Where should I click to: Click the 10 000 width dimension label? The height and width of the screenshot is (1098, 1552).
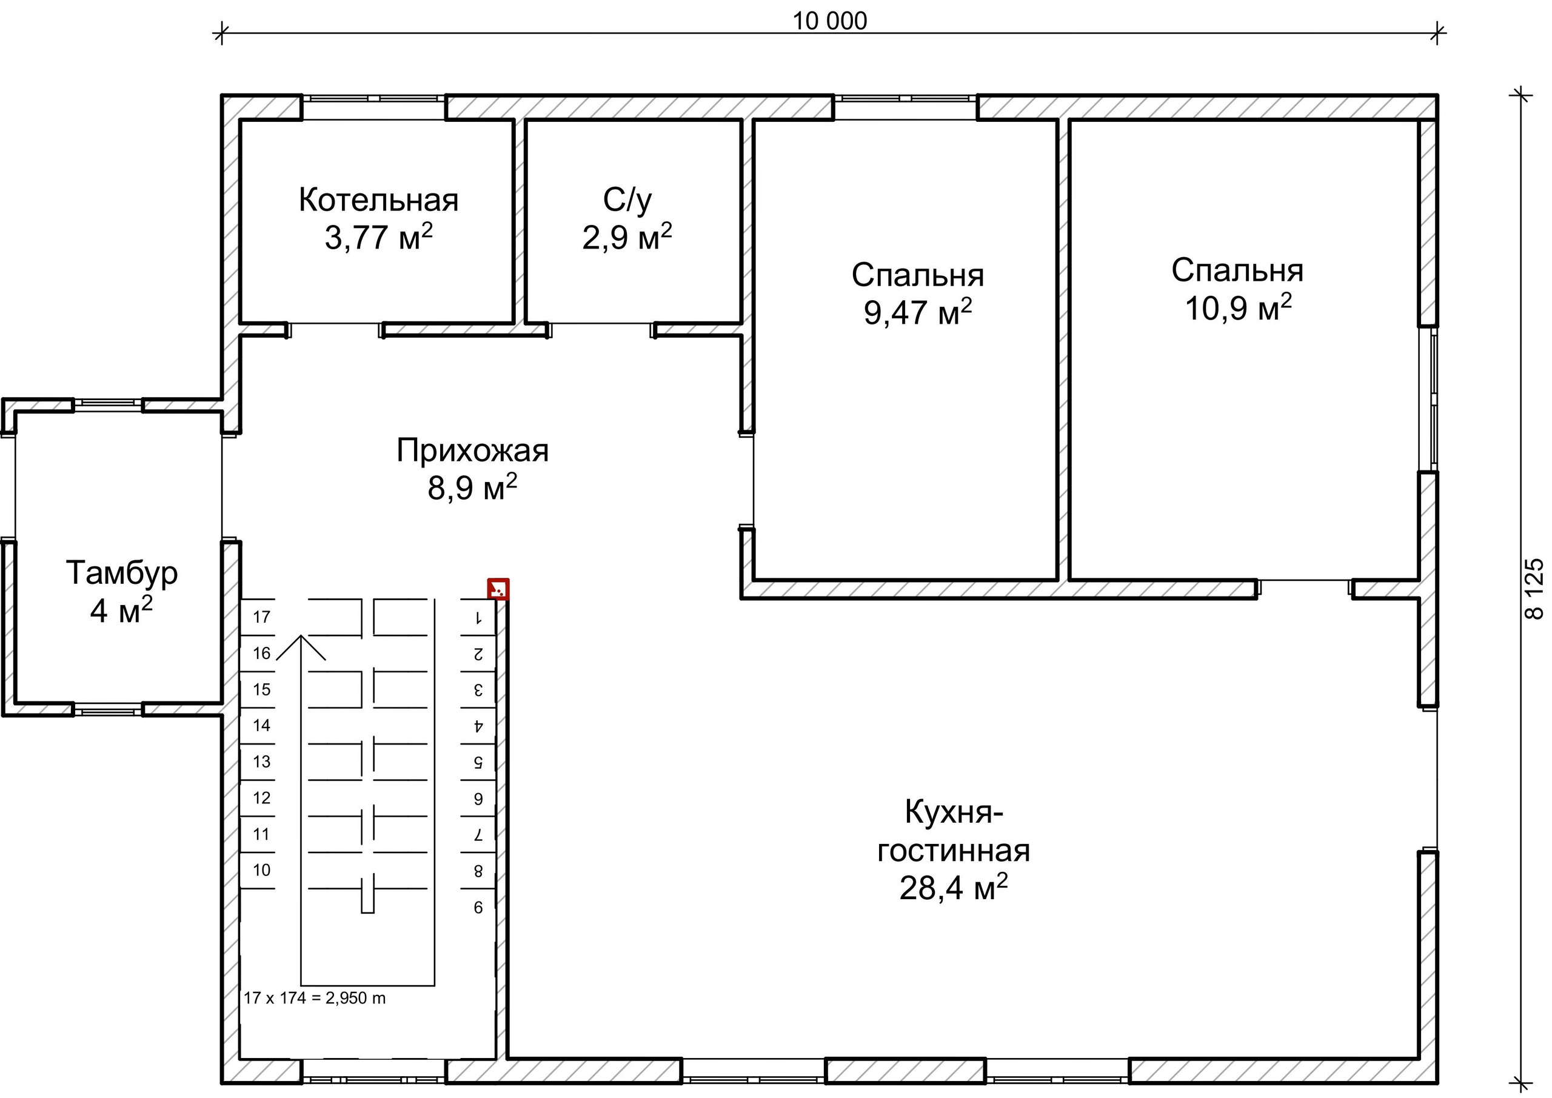pos(829,22)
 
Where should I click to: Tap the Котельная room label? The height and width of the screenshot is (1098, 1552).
pos(378,200)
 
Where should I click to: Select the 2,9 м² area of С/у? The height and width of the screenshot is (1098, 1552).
pos(627,237)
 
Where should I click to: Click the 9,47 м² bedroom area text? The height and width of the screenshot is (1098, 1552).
pos(917,312)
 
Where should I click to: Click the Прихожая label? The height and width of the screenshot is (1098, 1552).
pos(472,450)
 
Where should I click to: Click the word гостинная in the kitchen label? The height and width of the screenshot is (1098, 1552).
pos(953,850)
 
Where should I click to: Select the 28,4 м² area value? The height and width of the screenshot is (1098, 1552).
pos(953,888)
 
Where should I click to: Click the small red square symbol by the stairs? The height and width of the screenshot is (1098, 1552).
pos(498,589)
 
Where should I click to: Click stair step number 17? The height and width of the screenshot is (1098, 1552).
pos(261,617)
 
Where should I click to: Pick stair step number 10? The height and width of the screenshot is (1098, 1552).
pos(261,869)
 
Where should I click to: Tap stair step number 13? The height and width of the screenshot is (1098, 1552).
pos(261,762)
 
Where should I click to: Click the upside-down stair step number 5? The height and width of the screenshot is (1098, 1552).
pos(478,762)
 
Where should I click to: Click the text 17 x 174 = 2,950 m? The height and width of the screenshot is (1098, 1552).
pos(314,998)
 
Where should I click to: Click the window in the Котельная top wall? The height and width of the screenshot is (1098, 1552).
pos(373,99)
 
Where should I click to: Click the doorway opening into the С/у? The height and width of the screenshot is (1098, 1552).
pos(601,330)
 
